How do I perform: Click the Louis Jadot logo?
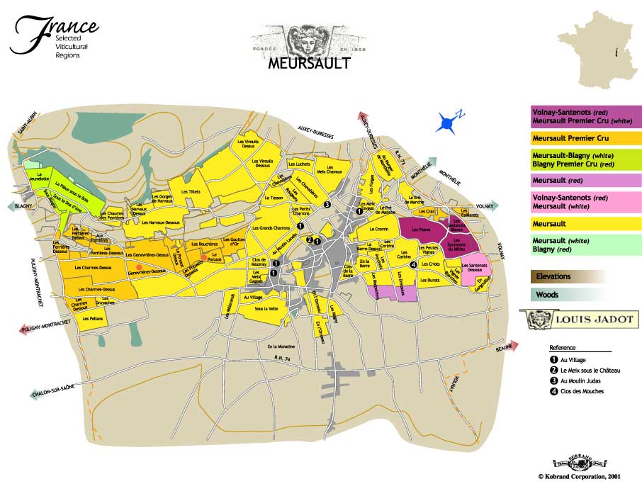577,319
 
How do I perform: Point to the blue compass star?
448,124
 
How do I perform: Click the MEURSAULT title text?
309,63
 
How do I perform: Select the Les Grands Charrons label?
270,227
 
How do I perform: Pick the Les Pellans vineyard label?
92,319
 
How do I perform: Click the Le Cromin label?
379,230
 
